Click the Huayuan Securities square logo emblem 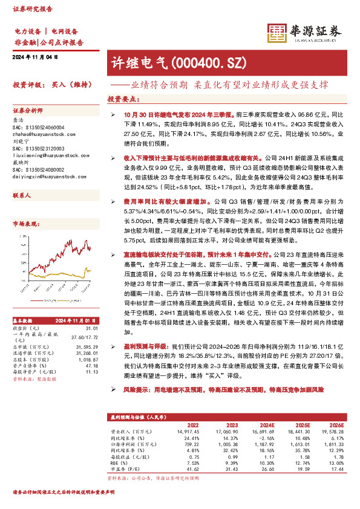pyautogui.click(x=278, y=34)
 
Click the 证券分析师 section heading pyautogui.click(x=28, y=111)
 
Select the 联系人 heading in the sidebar pyautogui.click(x=21, y=196)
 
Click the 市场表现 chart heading pyautogui.click(x=24, y=224)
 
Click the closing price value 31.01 pyautogui.click(x=92, y=328)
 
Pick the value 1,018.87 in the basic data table pyautogui.click(x=88, y=359)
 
